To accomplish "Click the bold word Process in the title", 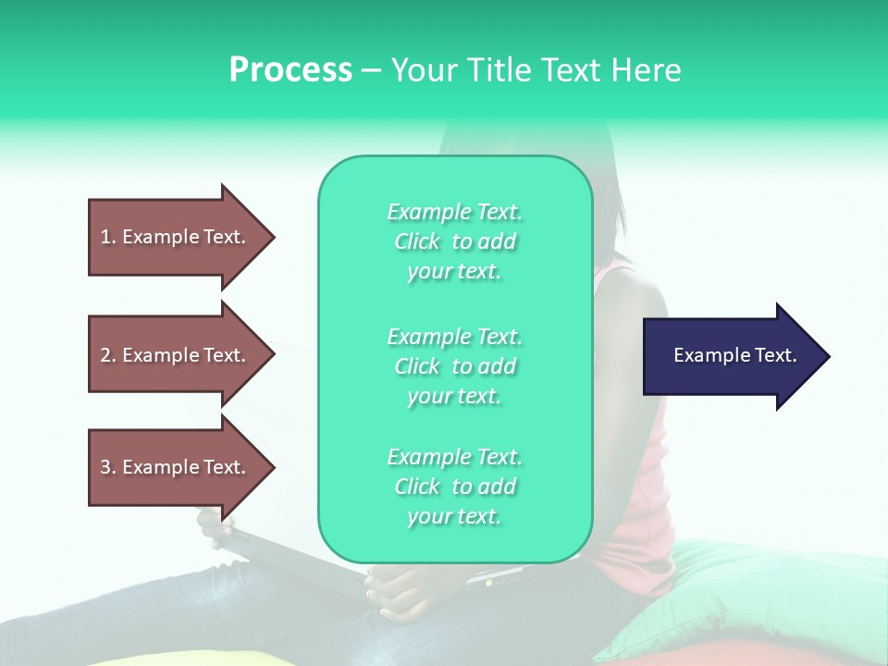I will (x=290, y=70).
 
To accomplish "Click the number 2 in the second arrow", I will (x=105, y=355).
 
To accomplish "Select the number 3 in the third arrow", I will (x=105, y=467).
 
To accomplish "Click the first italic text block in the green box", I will (x=454, y=241).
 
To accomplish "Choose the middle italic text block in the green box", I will (x=454, y=366).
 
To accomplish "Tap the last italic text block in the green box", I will (x=454, y=487).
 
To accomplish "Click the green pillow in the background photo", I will (x=740, y=592).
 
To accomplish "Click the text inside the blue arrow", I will (x=734, y=355).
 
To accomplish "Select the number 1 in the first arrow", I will (x=105, y=237).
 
